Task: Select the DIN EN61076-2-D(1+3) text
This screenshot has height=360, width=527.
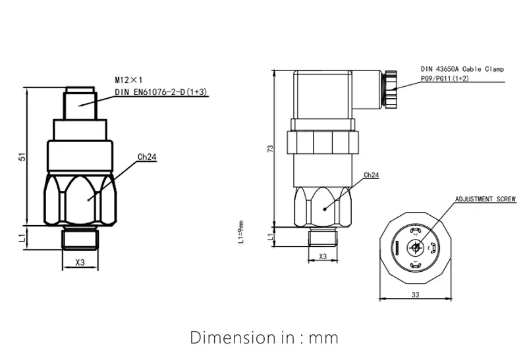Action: point(161,93)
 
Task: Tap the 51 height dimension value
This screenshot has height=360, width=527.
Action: point(21,157)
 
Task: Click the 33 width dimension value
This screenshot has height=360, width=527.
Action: point(415,296)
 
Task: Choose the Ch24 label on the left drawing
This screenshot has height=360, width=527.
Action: point(146,157)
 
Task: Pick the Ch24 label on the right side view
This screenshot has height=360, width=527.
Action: point(371,175)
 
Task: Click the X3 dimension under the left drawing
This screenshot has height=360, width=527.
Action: point(80,262)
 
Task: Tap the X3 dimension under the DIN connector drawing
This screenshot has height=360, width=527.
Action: point(323,256)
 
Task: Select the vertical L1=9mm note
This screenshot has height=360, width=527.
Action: point(241,231)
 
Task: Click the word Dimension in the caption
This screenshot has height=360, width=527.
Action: point(230,338)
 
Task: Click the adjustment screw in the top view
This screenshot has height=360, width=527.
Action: point(415,249)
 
